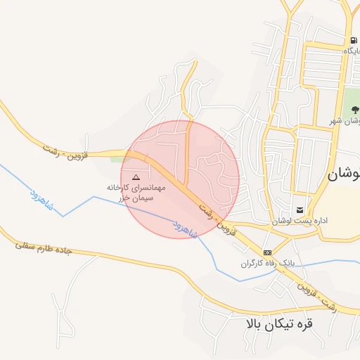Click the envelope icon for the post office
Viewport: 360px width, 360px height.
(300, 210)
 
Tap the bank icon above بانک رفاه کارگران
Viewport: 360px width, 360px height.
(266, 252)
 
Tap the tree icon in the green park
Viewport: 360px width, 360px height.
(355, 110)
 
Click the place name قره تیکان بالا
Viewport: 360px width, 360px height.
(278, 325)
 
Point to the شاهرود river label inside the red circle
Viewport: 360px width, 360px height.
(185, 226)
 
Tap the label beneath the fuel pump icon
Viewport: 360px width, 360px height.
(350, 51)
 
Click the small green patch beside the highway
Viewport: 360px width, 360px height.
(116, 158)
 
